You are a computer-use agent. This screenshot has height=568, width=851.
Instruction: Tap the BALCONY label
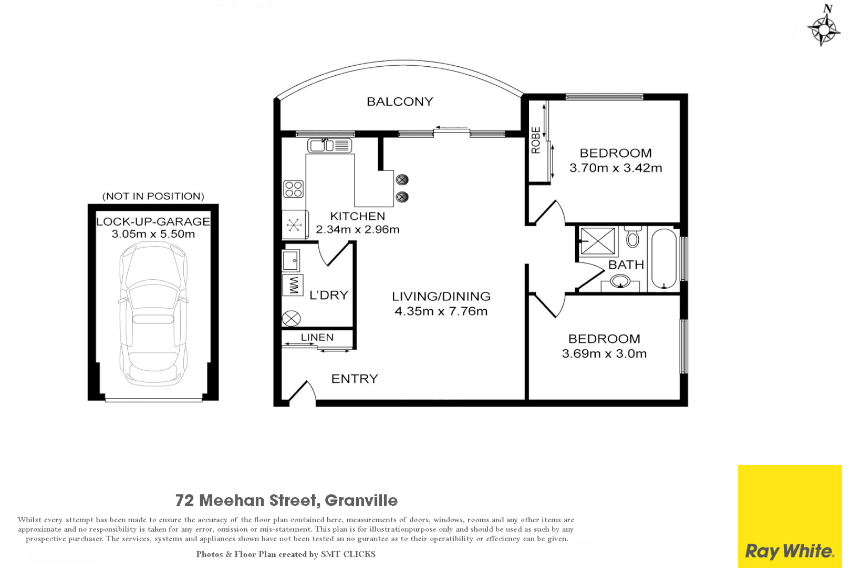pyautogui.click(x=400, y=102)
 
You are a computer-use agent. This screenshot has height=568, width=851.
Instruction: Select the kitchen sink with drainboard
pyautogui.click(x=329, y=145)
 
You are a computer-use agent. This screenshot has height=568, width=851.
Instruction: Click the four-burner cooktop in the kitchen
pyautogui.click(x=293, y=189)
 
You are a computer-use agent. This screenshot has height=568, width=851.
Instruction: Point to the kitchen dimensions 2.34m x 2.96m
pyautogui.click(x=357, y=230)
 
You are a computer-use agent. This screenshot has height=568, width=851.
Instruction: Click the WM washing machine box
pyautogui.click(x=293, y=285)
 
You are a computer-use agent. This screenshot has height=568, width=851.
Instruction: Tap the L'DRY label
pyautogui.click(x=329, y=295)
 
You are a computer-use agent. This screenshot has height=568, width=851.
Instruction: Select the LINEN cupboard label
pyautogui.click(x=317, y=337)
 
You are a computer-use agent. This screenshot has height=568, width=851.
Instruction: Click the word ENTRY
pyautogui.click(x=355, y=379)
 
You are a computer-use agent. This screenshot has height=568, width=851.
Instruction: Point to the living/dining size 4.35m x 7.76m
pyautogui.click(x=441, y=311)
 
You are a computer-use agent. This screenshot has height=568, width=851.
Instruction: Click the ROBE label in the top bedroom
pyautogui.click(x=536, y=140)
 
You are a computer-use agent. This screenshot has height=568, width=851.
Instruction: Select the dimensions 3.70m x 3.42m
pyautogui.click(x=616, y=168)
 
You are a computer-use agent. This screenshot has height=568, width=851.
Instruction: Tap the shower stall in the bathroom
pyautogui.click(x=597, y=241)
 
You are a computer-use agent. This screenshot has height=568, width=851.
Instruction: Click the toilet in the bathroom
pyautogui.click(x=633, y=237)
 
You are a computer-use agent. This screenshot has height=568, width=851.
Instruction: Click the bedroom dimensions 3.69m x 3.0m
pyautogui.click(x=604, y=354)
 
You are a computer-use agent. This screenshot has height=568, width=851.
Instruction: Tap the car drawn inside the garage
pyautogui.click(x=153, y=316)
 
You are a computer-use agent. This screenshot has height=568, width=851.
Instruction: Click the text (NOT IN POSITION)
pyautogui.click(x=153, y=196)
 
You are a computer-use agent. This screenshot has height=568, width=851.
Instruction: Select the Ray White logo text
pyautogui.click(x=789, y=551)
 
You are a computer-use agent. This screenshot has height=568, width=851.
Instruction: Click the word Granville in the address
pyautogui.click(x=361, y=500)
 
